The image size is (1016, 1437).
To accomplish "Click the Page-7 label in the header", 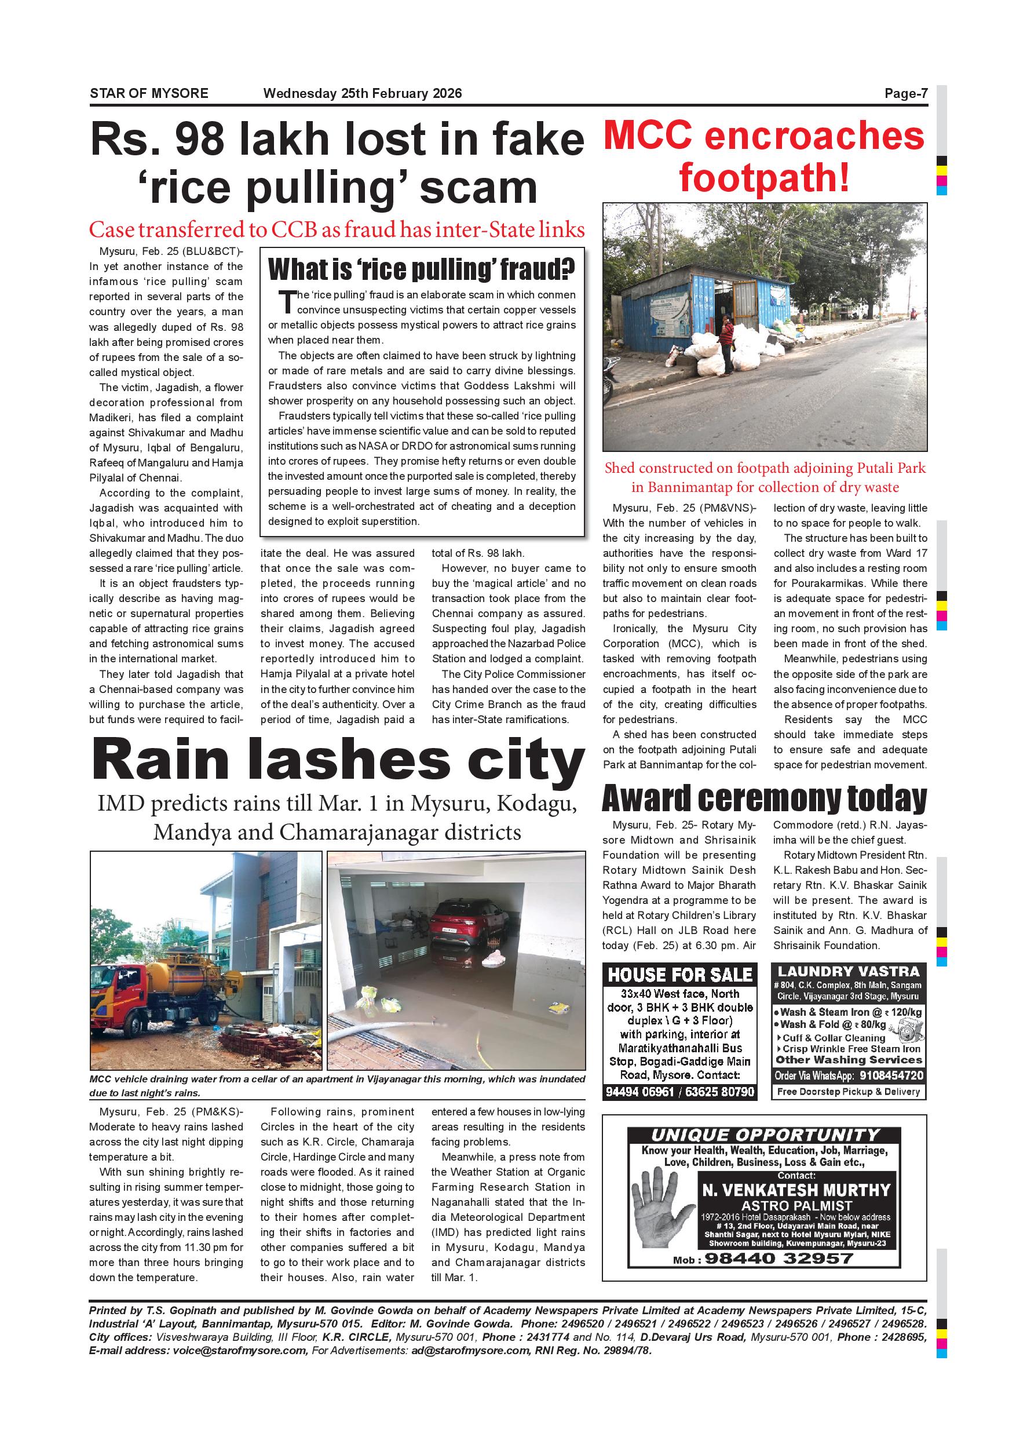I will click(905, 94).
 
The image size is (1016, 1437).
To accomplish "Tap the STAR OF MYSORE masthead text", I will click(149, 94).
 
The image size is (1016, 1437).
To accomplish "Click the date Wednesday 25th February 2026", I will click(362, 94).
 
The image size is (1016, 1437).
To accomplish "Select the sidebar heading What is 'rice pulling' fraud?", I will click(421, 270).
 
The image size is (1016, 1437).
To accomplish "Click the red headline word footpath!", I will click(765, 178).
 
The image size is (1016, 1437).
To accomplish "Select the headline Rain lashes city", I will click(337, 761).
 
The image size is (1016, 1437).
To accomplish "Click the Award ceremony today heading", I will click(764, 799).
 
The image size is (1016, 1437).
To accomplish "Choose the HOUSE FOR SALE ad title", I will click(679, 975).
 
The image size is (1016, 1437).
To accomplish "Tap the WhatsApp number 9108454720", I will click(891, 1076).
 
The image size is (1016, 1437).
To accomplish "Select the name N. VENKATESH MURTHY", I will click(796, 1190).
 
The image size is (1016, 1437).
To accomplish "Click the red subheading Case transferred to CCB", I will click(337, 229).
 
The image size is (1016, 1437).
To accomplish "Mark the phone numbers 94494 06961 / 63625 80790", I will click(679, 1092).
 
